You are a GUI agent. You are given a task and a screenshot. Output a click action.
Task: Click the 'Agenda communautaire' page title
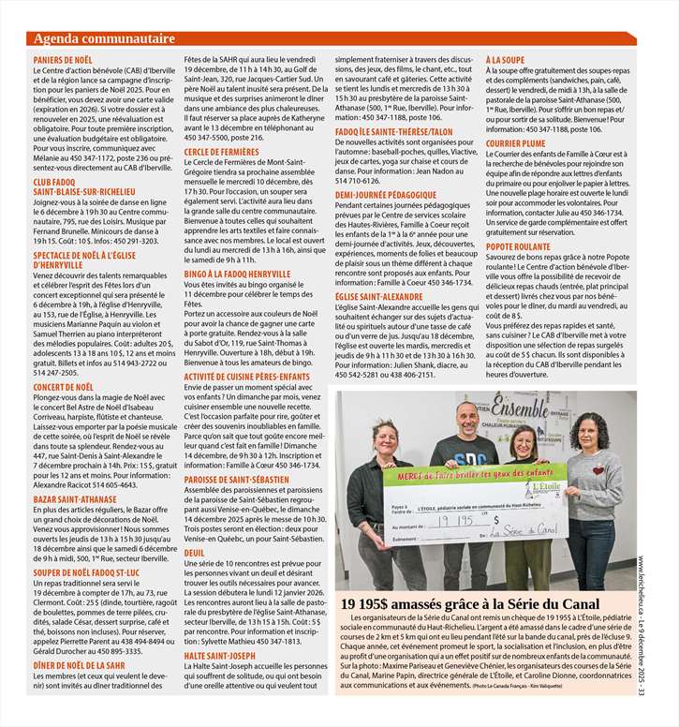tap(104, 38)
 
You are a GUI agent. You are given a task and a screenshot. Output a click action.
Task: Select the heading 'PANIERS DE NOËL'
tap(63, 60)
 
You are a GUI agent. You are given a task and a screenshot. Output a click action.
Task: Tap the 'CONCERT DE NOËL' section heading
tap(64, 387)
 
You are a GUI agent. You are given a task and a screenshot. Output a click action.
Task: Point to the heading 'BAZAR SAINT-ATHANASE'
tap(75, 499)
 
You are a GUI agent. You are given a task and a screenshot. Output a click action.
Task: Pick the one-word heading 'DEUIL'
tap(195, 553)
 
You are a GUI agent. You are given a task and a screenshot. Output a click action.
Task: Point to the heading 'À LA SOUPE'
tap(505, 60)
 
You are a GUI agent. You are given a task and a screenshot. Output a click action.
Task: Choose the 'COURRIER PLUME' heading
tap(515, 143)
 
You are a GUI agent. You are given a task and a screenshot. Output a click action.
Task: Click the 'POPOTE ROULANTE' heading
tap(518, 245)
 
